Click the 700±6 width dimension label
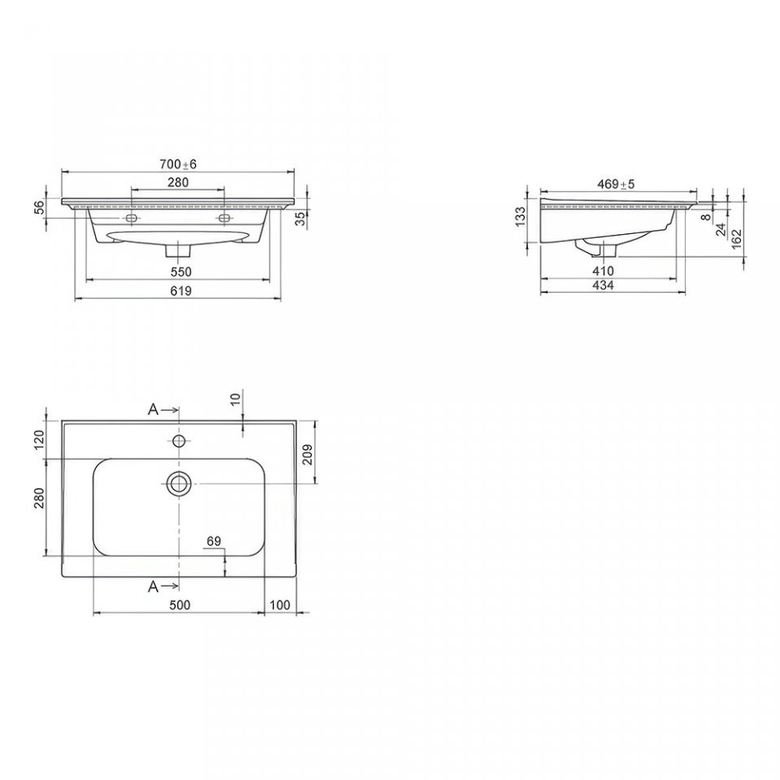point(178,163)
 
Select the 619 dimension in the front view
point(180,291)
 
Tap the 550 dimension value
point(180,271)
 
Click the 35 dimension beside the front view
point(301,218)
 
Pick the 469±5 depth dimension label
point(616,184)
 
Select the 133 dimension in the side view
point(520,217)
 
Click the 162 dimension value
point(737,239)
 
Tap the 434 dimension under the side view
point(603,285)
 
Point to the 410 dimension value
point(603,271)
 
